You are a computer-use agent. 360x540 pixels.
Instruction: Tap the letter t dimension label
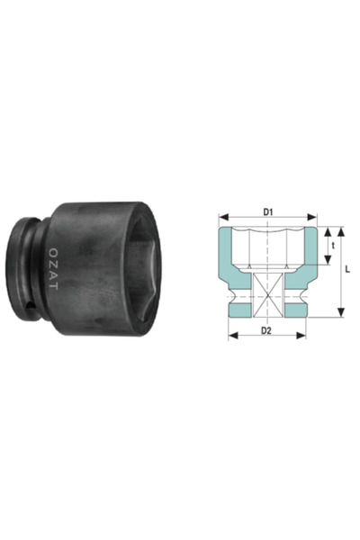coord(334,244)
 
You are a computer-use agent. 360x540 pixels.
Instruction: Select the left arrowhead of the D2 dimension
coord(230,337)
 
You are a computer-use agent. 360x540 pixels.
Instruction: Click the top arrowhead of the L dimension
coord(341,229)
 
